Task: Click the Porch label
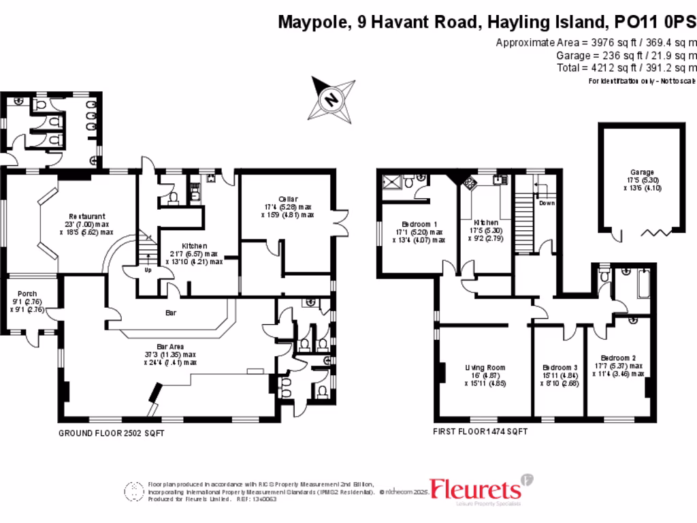click(x=28, y=294)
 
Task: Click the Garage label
click(x=641, y=172)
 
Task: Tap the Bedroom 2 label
click(x=618, y=358)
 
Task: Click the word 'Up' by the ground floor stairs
click(x=148, y=269)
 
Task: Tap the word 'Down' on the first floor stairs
click(x=547, y=203)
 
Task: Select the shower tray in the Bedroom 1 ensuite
click(x=391, y=182)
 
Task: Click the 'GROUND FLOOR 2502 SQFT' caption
click(x=111, y=433)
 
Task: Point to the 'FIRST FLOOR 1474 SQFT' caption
click(x=480, y=432)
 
